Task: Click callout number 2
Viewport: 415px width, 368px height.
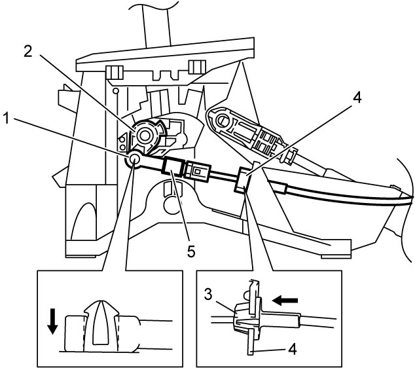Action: tap(28, 51)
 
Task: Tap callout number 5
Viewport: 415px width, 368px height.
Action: tap(191, 251)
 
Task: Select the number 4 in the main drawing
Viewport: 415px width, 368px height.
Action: tap(357, 98)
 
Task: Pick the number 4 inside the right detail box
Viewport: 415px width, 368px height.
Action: tap(292, 349)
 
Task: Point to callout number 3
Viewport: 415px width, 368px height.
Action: tap(208, 294)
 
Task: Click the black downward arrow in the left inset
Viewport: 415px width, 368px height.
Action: tap(52, 321)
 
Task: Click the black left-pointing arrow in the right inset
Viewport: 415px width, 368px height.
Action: tap(285, 301)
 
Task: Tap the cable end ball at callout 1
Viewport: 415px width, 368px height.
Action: tap(134, 159)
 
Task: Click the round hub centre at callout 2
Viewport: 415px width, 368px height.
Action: tap(144, 136)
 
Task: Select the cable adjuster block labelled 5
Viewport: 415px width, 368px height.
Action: tap(172, 166)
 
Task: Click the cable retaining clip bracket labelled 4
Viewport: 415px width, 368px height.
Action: tap(243, 180)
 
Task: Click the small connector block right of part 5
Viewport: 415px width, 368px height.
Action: tap(197, 172)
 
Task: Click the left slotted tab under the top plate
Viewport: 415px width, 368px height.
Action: tap(115, 72)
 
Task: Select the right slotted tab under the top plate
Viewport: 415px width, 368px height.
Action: tap(197, 67)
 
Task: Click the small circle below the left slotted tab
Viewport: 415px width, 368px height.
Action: tap(115, 91)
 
